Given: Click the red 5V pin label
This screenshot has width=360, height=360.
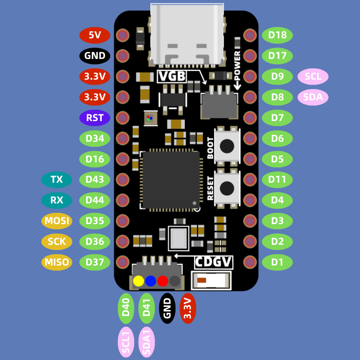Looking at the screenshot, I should click(95, 35).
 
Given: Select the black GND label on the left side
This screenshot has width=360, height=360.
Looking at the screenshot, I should click(95, 56).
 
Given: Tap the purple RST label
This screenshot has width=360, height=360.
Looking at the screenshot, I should click(95, 118).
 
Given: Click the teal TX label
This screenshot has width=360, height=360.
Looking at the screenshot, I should click(57, 180).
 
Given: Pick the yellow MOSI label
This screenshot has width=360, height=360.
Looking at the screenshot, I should click(57, 221).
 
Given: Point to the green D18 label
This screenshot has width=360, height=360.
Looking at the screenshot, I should click(277, 35).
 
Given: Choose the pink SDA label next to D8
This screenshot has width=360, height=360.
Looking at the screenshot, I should click(313, 97).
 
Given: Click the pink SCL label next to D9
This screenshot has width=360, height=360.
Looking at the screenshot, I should click(313, 76).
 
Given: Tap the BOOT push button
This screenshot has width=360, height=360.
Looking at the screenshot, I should click(227, 146).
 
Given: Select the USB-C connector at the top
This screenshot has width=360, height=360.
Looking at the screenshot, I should click(187, 34).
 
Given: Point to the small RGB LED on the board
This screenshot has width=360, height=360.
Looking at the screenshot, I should click(149, 118).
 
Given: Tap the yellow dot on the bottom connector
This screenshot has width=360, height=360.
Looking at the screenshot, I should click(139, 281).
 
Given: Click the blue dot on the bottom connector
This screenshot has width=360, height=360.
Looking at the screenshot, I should click(151, 281).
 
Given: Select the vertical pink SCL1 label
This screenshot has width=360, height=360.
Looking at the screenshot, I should click(126, 342).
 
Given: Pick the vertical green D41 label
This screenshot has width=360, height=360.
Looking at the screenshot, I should click(147, 308).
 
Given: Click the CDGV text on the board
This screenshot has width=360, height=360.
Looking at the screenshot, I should click(213, 262).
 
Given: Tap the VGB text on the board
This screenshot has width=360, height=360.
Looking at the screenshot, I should click(171, 76).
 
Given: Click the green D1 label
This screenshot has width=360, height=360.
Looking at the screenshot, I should click(277, 262).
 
